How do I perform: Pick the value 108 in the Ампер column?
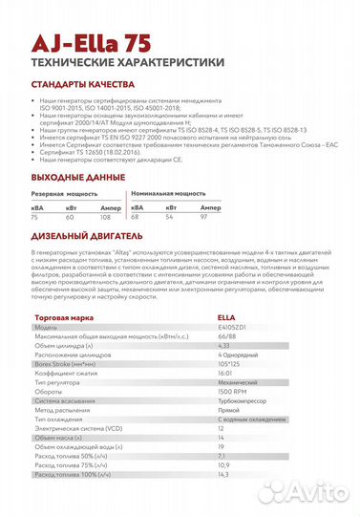(105, 217)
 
